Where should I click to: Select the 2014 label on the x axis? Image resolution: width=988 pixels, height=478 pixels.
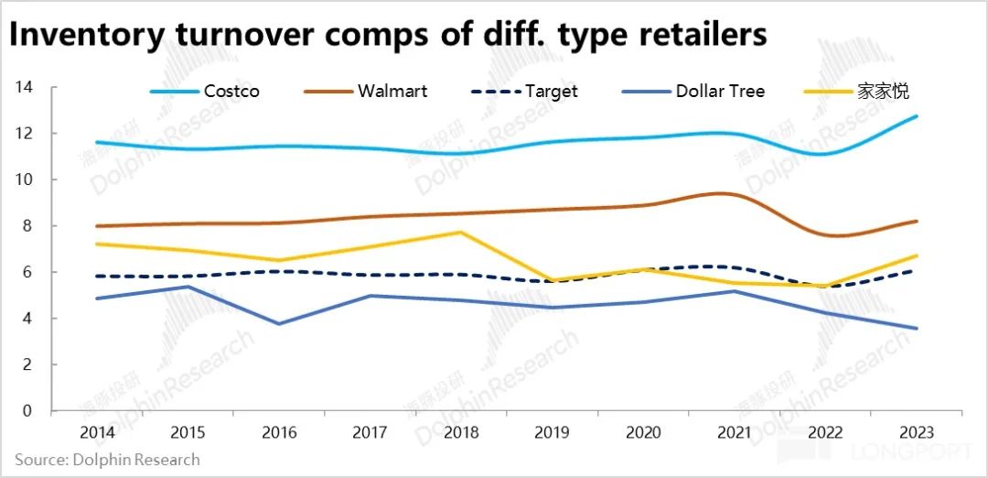[x=97, y=431]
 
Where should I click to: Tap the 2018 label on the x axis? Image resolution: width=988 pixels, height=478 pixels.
[x=461, y=431]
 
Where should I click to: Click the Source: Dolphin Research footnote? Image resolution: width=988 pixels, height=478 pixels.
[x=107, y=459]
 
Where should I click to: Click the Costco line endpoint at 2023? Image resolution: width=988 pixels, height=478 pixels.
[x=917, y=116]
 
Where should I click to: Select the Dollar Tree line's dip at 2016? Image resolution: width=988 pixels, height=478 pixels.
[x=279, y=323]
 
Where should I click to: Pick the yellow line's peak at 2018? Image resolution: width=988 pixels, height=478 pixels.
[x=461, y=233]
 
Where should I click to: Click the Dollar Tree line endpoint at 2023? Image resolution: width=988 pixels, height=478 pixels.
[x=917, y=328]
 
